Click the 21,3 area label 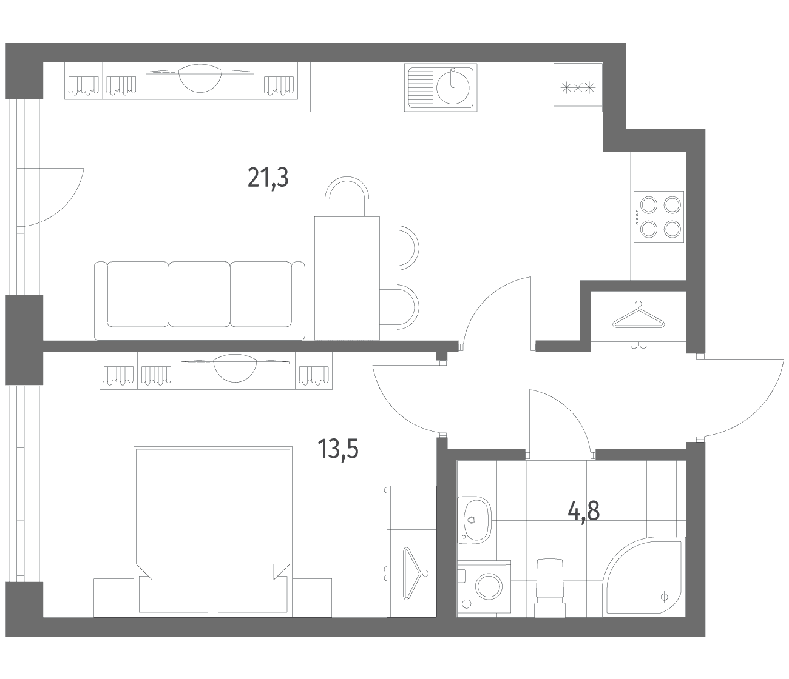[x=268, y=178]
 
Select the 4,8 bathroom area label [x=584, y=511]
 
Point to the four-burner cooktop [x=659, y=216]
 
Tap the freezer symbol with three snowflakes [x=578, y=89]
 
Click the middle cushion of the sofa [x=200, y=294]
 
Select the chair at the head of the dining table [x=347, y=196]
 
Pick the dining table [x=347, y=278]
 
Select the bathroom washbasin [x=475, y=520]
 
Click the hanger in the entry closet [x=638, y=315]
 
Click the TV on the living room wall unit [x=200, y=78]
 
